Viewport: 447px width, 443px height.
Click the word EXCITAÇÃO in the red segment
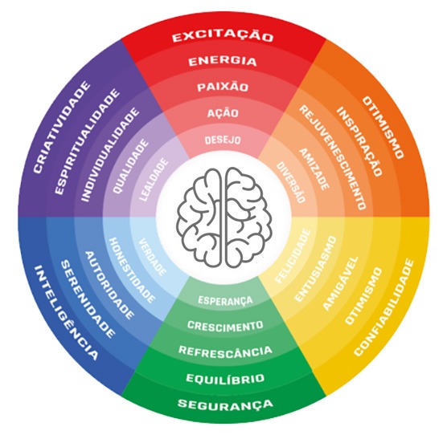click(223, 37)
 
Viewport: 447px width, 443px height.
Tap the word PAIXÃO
click(223, 87)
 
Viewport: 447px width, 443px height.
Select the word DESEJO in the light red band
click(223, 140)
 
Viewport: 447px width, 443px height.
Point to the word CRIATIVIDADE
click(62, 127)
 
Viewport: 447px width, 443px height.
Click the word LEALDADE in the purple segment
click(154, 180)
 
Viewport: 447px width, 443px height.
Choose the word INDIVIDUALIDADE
click(110, 155)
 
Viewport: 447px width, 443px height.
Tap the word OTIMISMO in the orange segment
click(383, 127)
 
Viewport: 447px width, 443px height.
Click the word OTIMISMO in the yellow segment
click(363, 296)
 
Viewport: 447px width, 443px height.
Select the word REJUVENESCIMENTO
click(332, 157)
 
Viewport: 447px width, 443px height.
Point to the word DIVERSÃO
click(291, 182)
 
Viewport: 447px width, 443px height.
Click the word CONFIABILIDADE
click(383, 307)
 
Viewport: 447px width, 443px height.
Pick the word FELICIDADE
click(293, 256)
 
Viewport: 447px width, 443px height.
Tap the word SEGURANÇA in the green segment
click(225, 404)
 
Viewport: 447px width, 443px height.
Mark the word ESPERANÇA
click(225, 300)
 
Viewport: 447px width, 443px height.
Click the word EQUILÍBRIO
click(225, 378)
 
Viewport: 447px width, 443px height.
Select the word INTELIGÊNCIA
click(66, 313)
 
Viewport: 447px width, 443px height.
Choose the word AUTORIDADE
click(109, 285)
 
